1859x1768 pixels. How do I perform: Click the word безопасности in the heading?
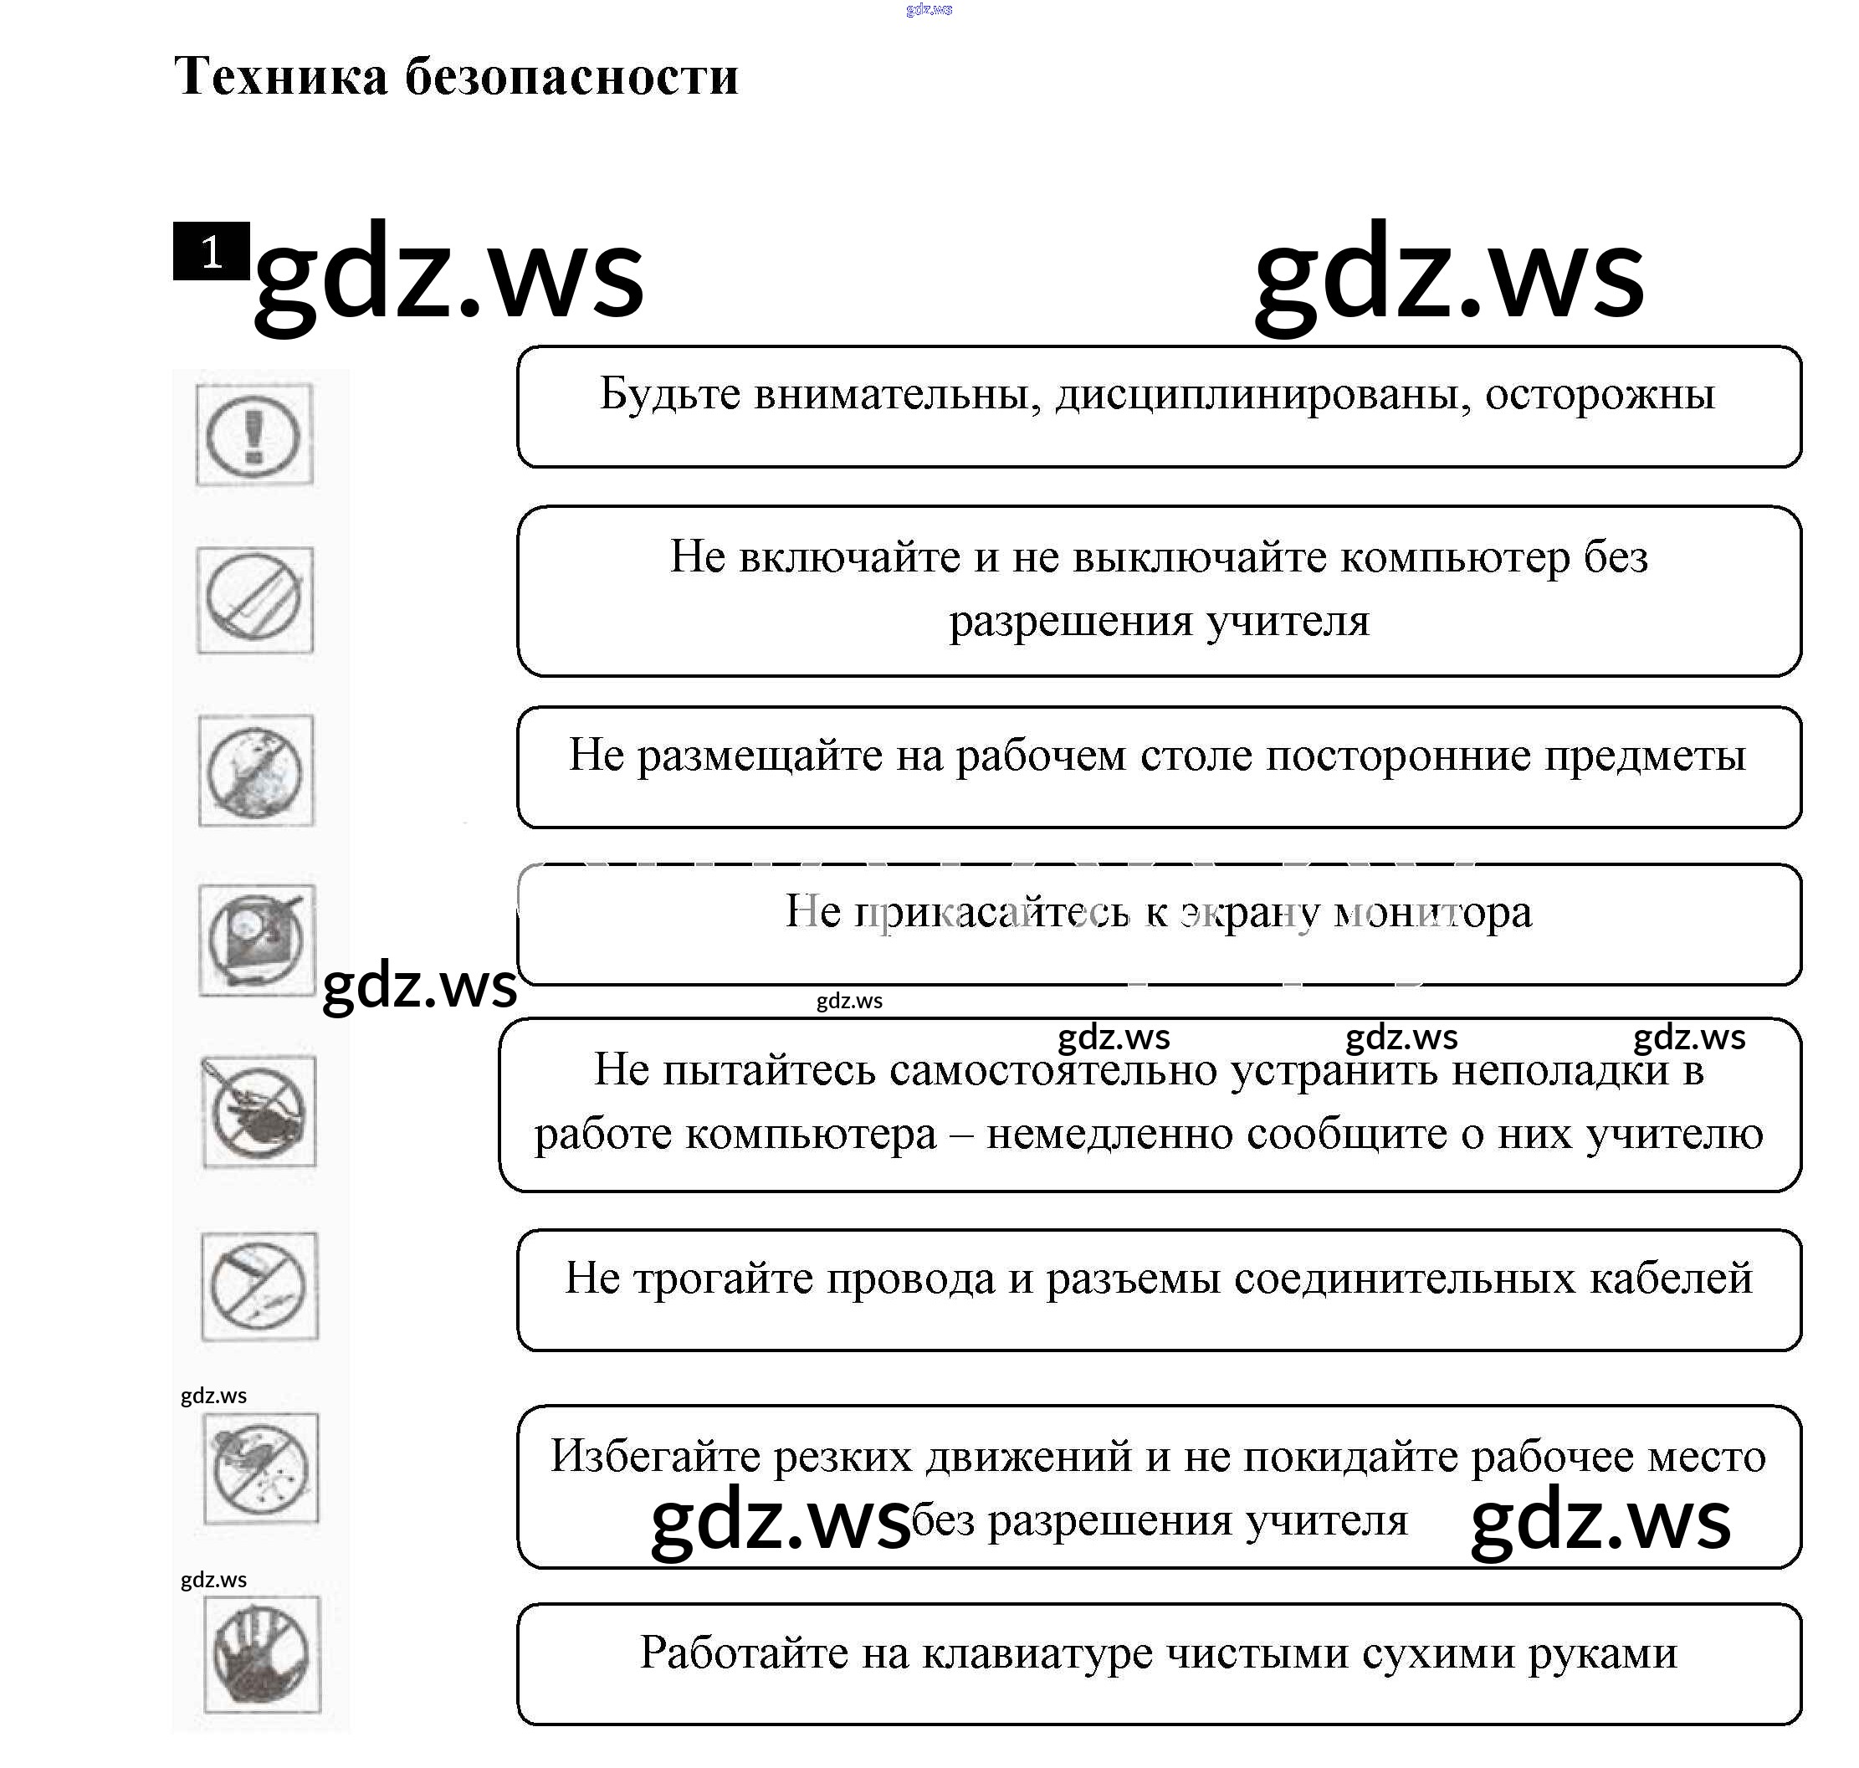point(572,76)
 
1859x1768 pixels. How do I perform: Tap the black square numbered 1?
point(211,252)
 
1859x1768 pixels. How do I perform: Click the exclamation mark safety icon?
point(254,435)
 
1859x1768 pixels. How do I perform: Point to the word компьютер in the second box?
point(1456,557)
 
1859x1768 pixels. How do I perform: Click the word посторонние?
point(1397,755)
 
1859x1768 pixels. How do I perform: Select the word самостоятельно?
point(1052,1069)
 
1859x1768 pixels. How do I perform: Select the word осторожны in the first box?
point(1600,394)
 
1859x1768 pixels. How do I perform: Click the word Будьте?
point(670,394)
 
